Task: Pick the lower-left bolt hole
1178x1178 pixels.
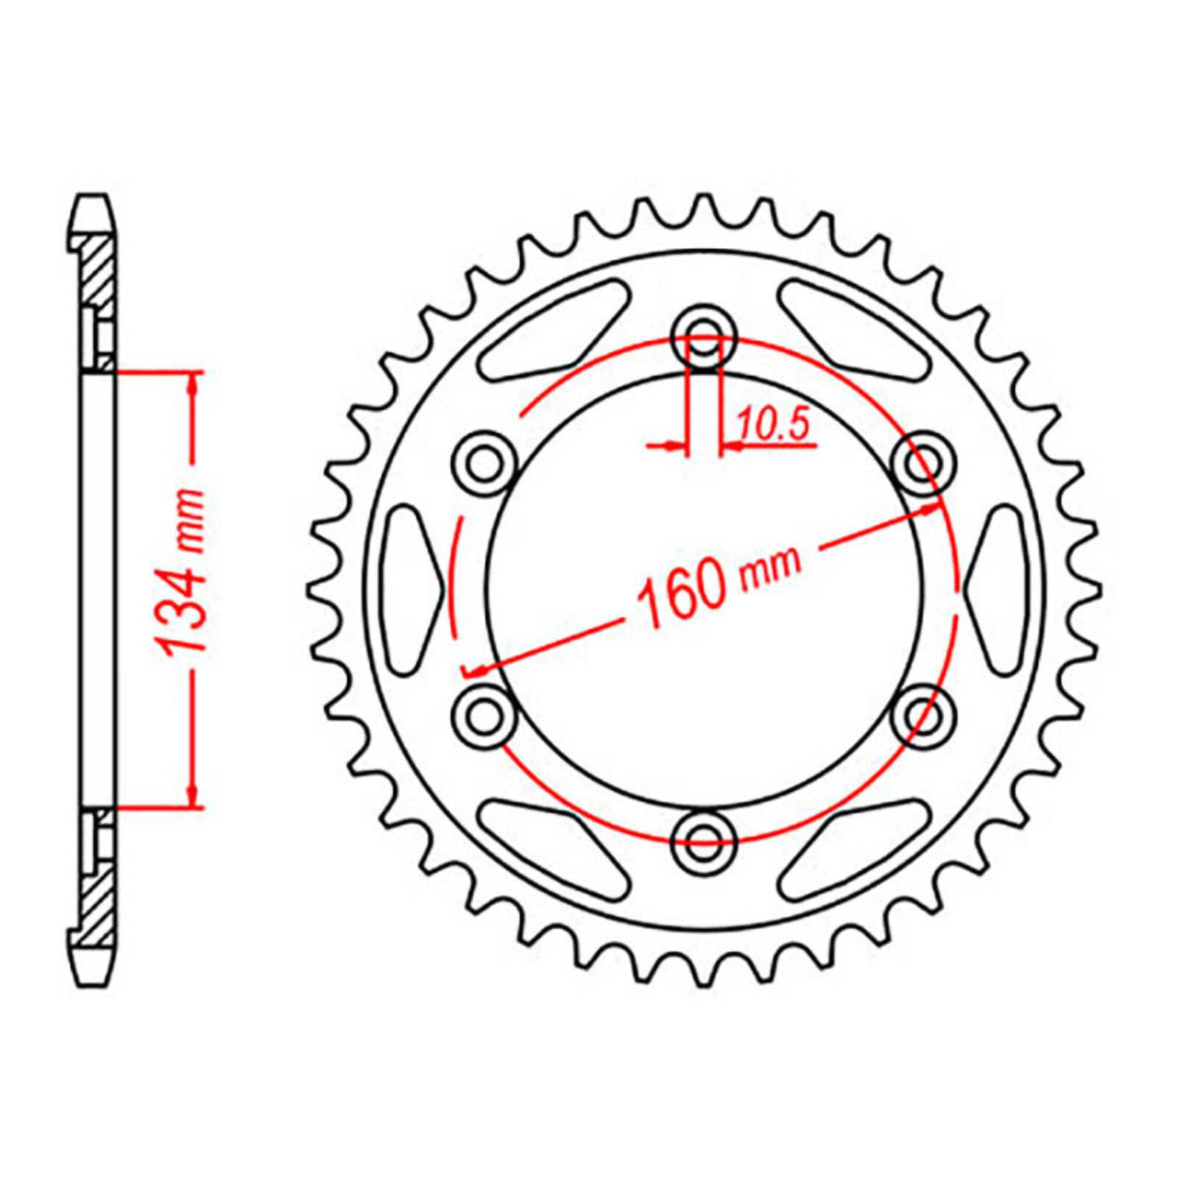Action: coord(482,715)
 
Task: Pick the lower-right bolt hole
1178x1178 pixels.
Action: coord(925,715)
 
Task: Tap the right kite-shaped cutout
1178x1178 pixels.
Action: coord(998,588)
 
